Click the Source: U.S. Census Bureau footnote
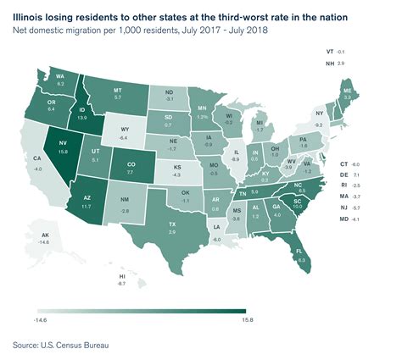61,345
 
